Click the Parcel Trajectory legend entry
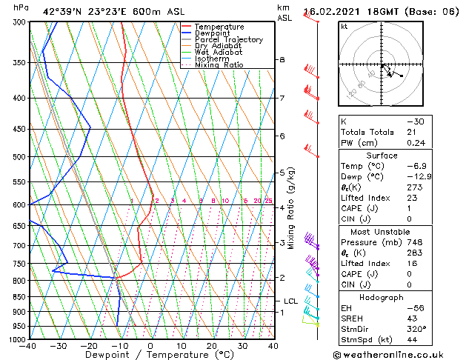[x=228, y=39]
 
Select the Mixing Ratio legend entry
[x=219, y=65]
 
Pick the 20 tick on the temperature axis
[x=212, y=346]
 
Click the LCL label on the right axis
[x=290, y=301]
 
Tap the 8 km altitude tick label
[x=282, y=59]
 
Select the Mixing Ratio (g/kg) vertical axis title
[x=292, y=208]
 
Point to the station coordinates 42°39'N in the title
[x=61, y=11]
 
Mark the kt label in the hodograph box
[x=344, y=26]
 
